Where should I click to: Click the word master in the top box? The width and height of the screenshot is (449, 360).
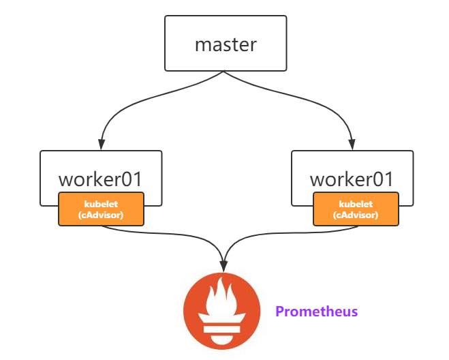(x=226, y=45)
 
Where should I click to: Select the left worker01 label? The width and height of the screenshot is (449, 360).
(x=101, y=179)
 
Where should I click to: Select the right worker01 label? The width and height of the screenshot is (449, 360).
(x=352, y=179)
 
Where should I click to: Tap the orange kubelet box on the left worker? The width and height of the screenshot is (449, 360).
(x=101, y=209)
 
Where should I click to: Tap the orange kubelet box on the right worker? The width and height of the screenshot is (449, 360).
(x=356, y=209)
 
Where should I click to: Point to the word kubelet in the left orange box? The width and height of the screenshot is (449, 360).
(x=101, y=203)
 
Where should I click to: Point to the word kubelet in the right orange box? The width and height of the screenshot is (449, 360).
(x=356, y=203)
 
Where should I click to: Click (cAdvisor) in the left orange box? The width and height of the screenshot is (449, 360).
(x=101, y=214)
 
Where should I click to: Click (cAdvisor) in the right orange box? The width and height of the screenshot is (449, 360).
(x=356, y=214)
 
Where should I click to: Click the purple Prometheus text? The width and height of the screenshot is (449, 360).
(x=316, y=312)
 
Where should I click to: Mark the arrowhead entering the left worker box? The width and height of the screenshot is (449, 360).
(x=101, y=145)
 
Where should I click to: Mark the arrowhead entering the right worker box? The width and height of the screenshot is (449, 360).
(x=352, y=145)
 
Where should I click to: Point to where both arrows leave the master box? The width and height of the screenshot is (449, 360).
(x=225, y=71)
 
